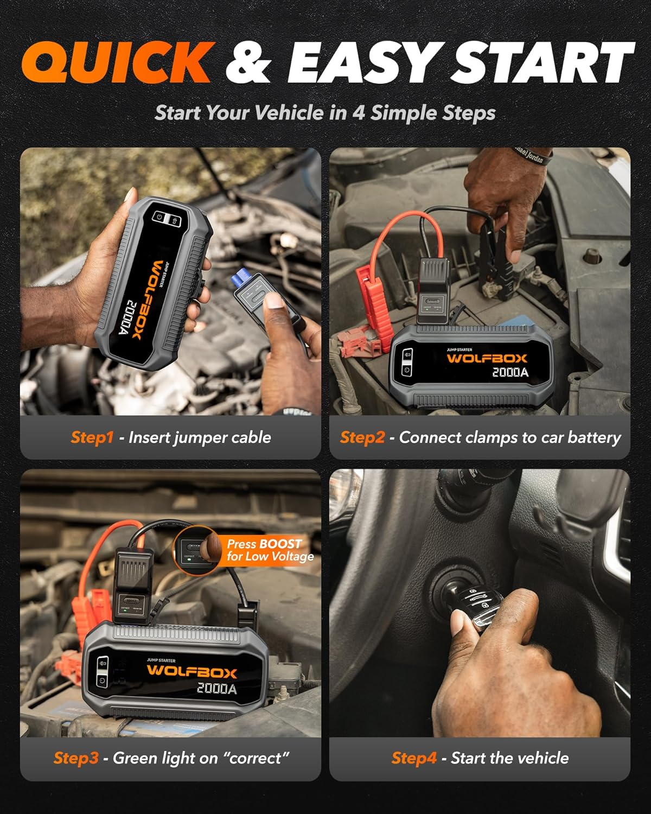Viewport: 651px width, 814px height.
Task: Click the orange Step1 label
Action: pos(92,437)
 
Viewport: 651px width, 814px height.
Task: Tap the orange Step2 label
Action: pos(362,437)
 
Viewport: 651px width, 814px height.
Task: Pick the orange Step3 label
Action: pos(76,758)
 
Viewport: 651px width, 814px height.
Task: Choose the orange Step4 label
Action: pos(413,758)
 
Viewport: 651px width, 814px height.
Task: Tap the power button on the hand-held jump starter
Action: pos(159,217)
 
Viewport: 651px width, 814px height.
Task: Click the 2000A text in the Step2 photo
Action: pos(510,372)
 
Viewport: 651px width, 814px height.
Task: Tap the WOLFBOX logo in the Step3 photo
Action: pos(192,671)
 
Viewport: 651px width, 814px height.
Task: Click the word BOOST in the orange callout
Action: pos(280,544)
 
